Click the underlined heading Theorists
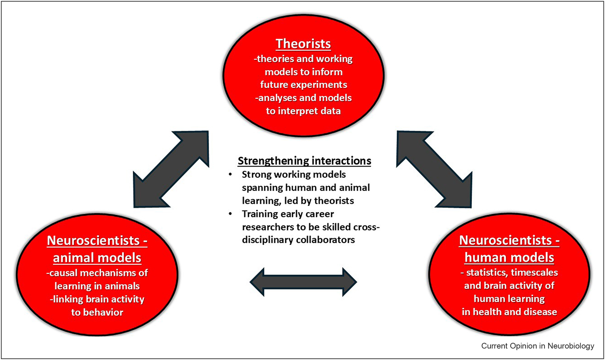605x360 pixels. (x=303, y=44)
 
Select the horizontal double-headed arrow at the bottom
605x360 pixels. (x=303, y=282)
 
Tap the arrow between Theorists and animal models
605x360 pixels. (x=171, y=169)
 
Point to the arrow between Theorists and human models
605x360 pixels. (x=434, y=169)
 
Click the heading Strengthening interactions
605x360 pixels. (x=304, y=161)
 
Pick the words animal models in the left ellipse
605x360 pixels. (x=97, y=258)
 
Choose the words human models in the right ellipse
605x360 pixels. (x=509, y=258)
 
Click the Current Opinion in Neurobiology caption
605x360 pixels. (x=538, y=346)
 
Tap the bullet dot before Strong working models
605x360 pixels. (x=231, y=174)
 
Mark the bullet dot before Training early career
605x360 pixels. (x=231, y=214)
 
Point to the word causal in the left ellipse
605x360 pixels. (x=63, y=273)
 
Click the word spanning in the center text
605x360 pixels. (x=262, y=188)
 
